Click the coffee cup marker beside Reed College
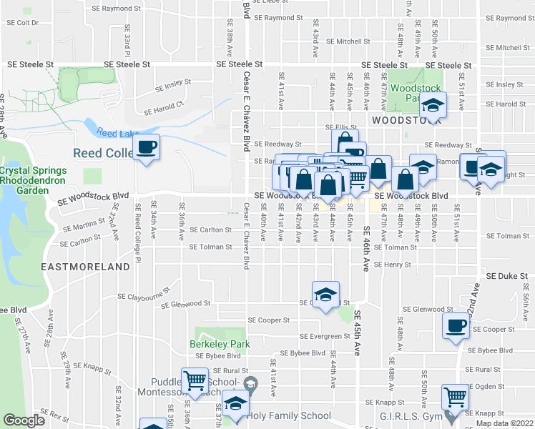[x=147, y=148]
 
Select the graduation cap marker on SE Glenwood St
[x=325, y=295]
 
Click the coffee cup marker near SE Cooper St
[x=455, y=327]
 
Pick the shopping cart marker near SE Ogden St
[x=455, y=395]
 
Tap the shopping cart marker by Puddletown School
[x=195, y=380]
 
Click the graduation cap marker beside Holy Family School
[x=235, y=404]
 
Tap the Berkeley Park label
[x=219, y=344]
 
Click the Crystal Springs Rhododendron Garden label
[x=34, y=181]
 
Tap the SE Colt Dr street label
[x=22, y=22]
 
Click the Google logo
[x=24, y=420]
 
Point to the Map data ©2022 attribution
[x=504, y=423]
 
